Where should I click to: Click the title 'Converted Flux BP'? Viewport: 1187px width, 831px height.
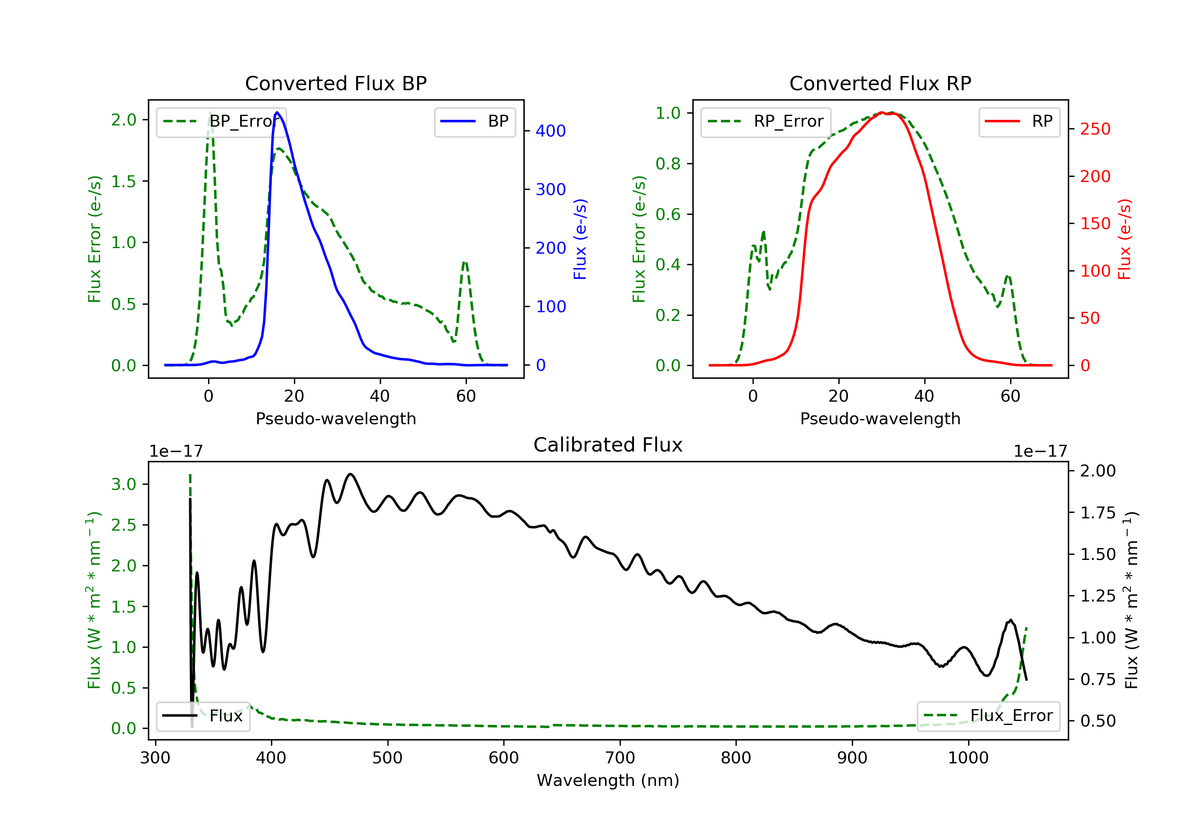click(x=336, y=83)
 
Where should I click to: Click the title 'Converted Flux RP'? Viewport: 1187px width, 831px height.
click(x=880, y=83)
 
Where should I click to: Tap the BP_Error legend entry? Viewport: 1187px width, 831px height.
click(x=221, y=121)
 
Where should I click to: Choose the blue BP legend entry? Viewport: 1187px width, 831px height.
click(x=474, y=121)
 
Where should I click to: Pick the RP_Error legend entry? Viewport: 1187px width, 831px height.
click(x=765, y=121)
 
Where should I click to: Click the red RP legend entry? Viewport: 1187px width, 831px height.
click(x=1018, y=121)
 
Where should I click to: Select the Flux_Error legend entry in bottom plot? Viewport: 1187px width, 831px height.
click(x=988, y=716)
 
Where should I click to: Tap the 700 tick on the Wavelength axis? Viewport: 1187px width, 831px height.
click(x=620, y=757)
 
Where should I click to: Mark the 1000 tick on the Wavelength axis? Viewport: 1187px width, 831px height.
click(x=968, y=757)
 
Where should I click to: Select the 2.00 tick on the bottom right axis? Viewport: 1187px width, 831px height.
click(x=1098, y=471)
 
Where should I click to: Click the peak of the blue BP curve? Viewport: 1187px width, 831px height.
click(x=277, y=112)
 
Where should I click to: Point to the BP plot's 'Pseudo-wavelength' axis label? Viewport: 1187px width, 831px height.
click(x=336, y=418)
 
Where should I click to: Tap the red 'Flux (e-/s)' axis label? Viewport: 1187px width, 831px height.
click(x=1124, y=239)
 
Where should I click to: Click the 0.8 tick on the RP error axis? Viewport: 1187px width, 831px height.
click(x=667, y=163)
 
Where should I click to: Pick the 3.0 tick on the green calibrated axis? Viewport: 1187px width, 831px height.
click(x=123, y=484)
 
